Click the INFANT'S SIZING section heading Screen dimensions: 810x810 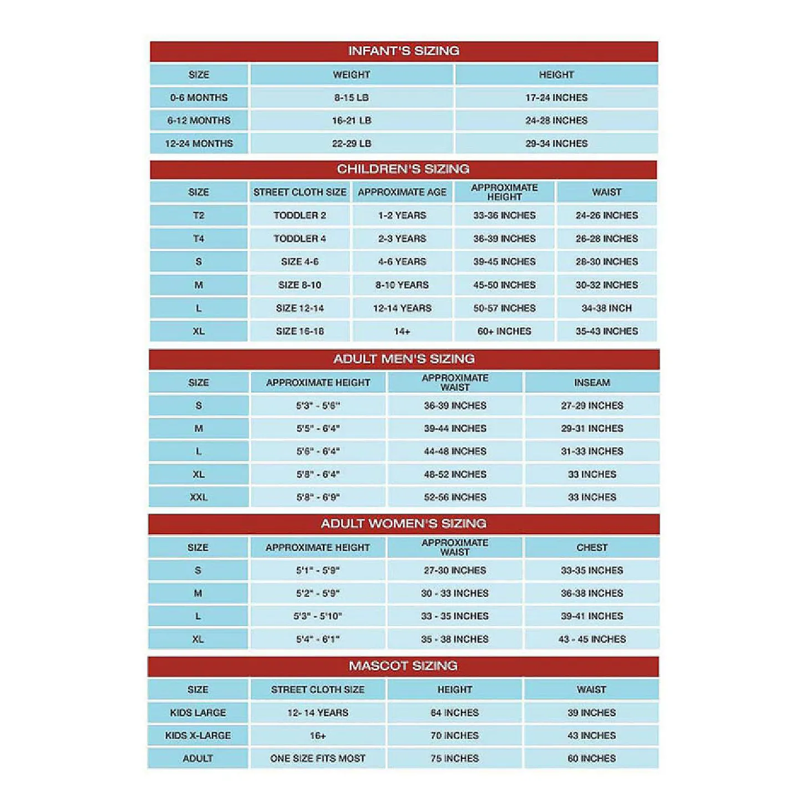(403, 51)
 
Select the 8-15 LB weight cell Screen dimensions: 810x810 (351, 98)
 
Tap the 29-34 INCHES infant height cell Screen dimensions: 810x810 (556, 144)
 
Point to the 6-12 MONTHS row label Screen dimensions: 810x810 (199, 120)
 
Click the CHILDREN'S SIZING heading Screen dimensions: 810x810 (403, 169)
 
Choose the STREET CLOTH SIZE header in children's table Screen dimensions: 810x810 (300, 193)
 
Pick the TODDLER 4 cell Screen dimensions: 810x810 (300, 239)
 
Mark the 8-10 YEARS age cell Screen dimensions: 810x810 (402, 285)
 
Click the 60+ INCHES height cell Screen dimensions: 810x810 (504, 331)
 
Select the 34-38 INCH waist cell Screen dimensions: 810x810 (606, 308)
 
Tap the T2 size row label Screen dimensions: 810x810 (199, 215)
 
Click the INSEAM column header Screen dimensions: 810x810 (592, 383)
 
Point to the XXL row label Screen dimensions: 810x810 (199, 497)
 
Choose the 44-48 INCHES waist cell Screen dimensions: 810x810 (455, 452)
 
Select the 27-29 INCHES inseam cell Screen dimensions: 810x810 (592, 406)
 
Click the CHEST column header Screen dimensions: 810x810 (592, 548)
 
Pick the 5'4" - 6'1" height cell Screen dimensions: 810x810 (318, 639)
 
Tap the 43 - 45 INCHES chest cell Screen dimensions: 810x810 (592, 639)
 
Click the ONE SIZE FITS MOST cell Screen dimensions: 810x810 (318, 758)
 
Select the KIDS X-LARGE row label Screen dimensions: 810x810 (198, 736)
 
